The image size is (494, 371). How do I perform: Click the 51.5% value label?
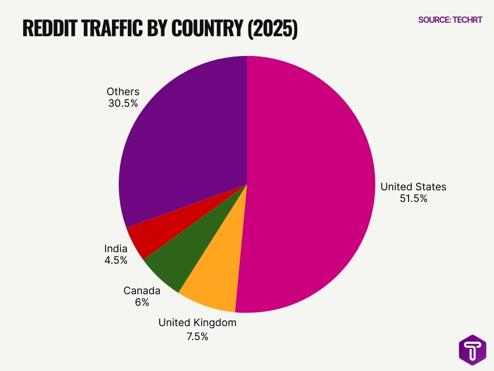pos(413,198)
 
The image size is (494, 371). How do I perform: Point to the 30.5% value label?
pos(123,103)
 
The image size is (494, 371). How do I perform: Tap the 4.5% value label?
pos(116,260)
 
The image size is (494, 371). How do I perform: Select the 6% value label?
pos(142,302)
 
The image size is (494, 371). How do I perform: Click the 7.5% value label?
pos(197,337)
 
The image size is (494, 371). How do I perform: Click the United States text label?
pos(413,186)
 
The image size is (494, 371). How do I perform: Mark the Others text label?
pos(123,91)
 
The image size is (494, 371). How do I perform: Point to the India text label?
pos(116,249)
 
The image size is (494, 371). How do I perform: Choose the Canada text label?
pos(142,291)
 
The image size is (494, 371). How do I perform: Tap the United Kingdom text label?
pos(197,323)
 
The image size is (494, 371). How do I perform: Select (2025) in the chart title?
pos(272,29)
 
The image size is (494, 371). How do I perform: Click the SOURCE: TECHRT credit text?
pos(450,20)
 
